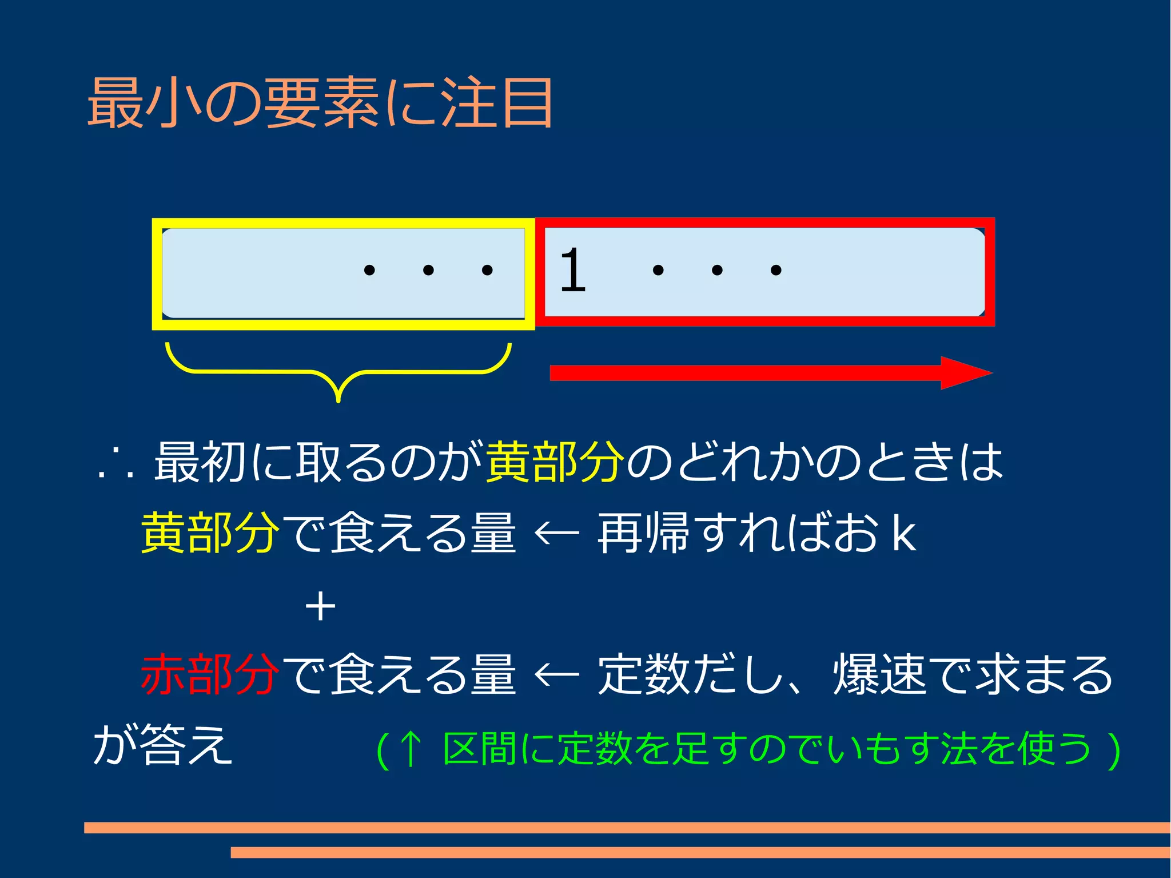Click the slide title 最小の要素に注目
tap(320, 103)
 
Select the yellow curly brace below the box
tap(338, 372)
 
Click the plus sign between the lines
tap(320, 606)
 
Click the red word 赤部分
tap(210, 675)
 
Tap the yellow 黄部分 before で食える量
tap(210, 533)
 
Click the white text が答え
tap(162, 745)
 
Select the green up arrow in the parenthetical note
tap(411, 749)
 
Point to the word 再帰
tap(644, 533)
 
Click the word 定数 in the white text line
tap(644, 675)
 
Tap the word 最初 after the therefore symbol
tap(200, 462)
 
